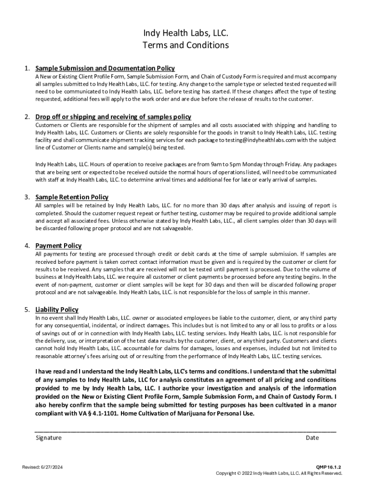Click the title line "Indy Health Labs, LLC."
(185, 33)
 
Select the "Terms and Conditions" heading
(185, 45)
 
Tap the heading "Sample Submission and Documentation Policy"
(105, 68)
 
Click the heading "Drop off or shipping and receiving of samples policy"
(113, 117)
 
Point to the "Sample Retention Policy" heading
(72, 197)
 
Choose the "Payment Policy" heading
(58, 246)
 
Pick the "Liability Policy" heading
(57, 310)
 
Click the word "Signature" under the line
(49, 438)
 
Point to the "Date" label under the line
(312, 438)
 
